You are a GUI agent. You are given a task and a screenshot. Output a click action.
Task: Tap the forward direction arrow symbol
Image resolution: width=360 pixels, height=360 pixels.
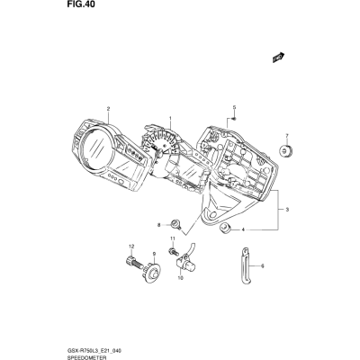click(278, 58)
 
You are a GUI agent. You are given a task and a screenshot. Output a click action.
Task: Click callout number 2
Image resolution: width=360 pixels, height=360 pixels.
click(108, 108)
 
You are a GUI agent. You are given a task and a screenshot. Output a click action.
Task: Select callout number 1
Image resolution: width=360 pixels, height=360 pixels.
click(170, 118)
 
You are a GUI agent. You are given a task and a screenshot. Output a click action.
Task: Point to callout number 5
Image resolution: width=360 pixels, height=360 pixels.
click(235, 107)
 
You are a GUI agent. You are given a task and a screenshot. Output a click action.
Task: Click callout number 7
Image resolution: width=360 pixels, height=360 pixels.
click(287, 136)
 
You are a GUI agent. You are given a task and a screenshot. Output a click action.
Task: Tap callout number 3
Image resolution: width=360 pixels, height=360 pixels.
click(287, 210)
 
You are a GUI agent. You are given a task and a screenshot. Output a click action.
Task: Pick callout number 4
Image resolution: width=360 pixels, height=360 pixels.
click(243, 230)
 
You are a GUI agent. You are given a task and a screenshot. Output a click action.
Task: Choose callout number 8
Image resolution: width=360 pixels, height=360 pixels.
click(159, 225)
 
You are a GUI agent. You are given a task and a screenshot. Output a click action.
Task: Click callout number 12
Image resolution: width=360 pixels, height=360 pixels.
click(130, 247)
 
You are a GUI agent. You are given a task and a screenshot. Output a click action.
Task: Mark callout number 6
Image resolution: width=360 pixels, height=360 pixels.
click(263, 265)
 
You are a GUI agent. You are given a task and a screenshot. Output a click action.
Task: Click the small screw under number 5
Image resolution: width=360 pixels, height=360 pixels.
click(234, 119)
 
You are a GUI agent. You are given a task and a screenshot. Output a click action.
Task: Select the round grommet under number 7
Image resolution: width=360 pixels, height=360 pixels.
click(285, 151)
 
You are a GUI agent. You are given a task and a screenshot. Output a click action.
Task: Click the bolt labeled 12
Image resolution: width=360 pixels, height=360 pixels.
click(133, 262)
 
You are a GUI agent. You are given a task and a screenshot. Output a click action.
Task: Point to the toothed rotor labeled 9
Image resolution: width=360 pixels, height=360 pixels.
click(152, 272)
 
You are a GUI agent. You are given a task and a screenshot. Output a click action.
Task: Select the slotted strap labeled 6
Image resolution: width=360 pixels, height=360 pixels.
click(245, 265)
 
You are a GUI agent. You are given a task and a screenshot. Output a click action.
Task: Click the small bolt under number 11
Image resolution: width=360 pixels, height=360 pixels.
click(172, 251)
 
